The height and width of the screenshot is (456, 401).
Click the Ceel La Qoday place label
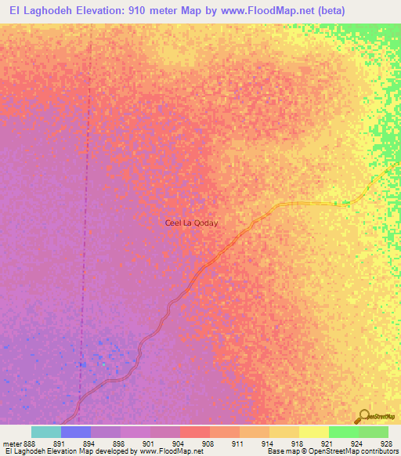[x=191, y=223]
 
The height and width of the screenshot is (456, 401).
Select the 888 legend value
[x=27, y=443]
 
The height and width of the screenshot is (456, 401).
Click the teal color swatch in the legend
[x=46, y=432]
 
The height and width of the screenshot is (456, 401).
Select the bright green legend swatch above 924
[x=343, y=432]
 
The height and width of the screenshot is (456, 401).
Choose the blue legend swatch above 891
[x=76, y=432]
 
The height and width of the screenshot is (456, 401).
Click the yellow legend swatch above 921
[x=313, y=432]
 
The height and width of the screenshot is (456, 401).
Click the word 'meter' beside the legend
[x=11, y=443]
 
